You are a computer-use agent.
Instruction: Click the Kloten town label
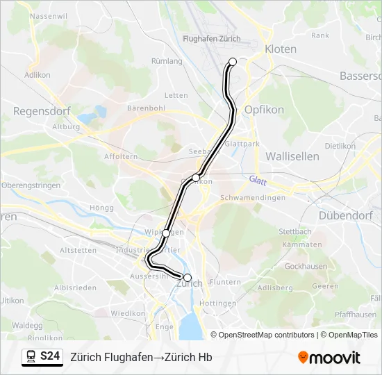(281, 49)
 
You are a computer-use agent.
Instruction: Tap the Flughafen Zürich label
(211, 39)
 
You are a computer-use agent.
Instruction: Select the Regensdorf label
(38, 110)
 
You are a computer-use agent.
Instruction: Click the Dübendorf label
(346, 215)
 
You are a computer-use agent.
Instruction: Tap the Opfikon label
(260, 110)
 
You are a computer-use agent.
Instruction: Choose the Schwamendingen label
(252, 198)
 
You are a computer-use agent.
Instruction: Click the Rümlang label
(167, 61)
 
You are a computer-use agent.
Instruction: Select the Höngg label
(101, 207)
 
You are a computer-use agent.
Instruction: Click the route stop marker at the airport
(233, 62)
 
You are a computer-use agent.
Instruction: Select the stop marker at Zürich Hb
(187, 277)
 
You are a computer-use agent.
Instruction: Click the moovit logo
(329, 358)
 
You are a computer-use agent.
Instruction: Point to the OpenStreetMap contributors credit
(265, 335)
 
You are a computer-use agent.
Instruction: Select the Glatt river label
(258, 179)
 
